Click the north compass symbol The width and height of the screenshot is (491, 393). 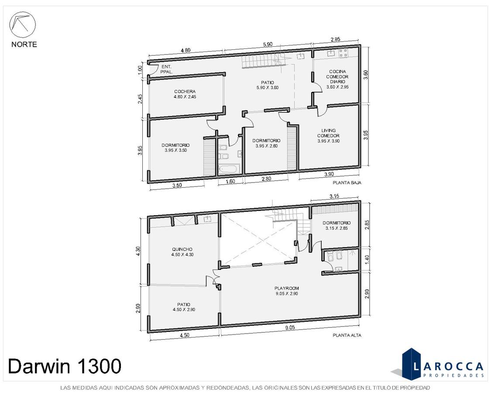23,25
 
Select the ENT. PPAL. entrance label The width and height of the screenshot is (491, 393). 166,69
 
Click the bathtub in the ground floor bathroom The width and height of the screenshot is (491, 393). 229,169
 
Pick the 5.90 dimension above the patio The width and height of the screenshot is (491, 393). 268,45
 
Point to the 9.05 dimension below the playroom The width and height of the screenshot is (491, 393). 290,327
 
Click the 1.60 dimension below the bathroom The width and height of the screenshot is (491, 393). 230,181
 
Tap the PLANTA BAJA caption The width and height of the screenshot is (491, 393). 347,183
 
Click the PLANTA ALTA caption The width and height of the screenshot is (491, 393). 347,335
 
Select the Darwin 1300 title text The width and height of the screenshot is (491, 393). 65,366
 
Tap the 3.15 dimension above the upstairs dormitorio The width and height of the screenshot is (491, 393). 334,196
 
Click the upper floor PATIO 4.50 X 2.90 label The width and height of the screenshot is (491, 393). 184,307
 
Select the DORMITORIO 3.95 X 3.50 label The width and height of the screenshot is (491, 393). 176,148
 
